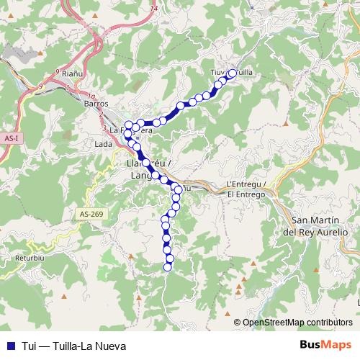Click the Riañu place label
73,73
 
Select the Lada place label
103,144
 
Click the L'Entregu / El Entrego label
246,189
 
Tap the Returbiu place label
28,256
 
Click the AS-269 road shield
91,214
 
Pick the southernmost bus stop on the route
168,267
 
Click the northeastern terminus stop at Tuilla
232,73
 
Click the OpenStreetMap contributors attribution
297,323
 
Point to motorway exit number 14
154,8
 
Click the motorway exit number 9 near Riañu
57,72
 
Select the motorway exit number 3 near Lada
105,129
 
